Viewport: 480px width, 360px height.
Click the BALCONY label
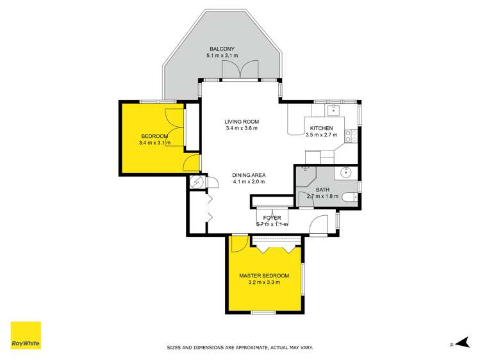[221, 49]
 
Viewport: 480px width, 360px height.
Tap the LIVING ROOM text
[241, 121]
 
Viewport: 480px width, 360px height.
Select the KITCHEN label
[321, 128]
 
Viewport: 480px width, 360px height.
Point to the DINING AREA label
[249, 175]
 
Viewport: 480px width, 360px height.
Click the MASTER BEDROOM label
[263, 275]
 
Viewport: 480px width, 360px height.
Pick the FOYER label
[272, 218]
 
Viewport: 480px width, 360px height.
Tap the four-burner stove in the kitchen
[351, 136]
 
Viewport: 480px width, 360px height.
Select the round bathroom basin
[347, 172]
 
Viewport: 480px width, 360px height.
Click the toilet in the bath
[349, 198]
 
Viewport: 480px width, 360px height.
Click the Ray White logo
[26, 335]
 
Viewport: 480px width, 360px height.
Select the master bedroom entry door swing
[238, 244]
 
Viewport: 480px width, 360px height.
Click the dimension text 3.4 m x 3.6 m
[241, 128]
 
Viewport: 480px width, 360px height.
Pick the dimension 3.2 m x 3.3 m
[263, 282]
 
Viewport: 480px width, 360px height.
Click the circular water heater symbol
[197, 182]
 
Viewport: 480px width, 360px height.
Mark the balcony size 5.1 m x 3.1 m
[221, 56]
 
